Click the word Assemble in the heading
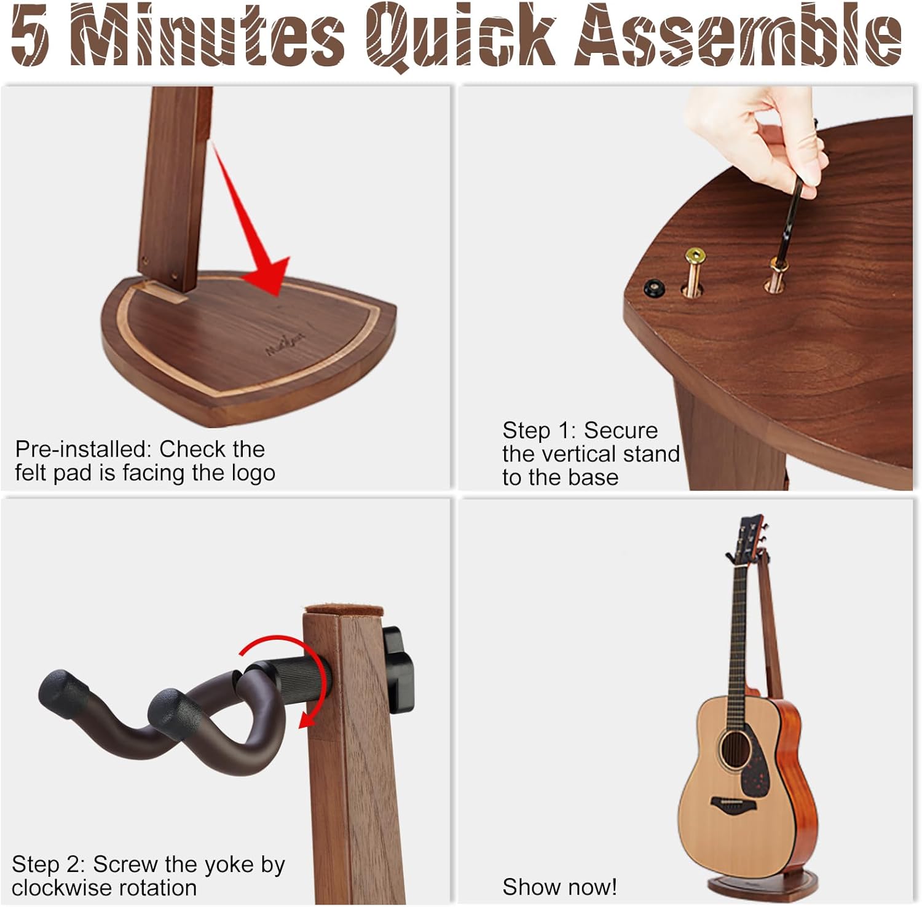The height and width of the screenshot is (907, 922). [x=738, y=36]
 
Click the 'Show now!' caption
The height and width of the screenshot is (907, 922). [x=559, y=887]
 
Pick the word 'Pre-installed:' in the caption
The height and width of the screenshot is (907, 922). [x=84, y=449]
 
